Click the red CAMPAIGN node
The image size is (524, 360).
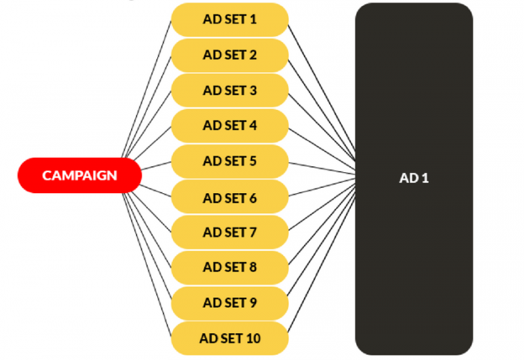(x=79, y=175)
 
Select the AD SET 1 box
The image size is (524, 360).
(x=230, y=19)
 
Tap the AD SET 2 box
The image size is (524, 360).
(x=230, y=55)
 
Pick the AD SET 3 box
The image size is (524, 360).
(x=230, y=91)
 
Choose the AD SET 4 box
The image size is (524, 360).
(x=230, y=126)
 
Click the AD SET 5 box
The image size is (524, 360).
(x=230, y=162)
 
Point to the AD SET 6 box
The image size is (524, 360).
(x=230, y=197)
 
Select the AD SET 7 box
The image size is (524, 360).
(x=230, y=232)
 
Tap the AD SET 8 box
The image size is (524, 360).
(x=230, y=268)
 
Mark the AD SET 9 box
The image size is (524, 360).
(x=230, y=303)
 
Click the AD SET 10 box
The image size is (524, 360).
(x=230, y=338)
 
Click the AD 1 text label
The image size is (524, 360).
(x=414, y=178)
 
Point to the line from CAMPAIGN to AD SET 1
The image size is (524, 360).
(x=147, y=90)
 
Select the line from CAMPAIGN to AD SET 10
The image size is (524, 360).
(x=147, y=263)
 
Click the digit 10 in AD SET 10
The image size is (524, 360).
(x=253, y=338)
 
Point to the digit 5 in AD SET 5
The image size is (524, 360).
(x=253, y=162)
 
